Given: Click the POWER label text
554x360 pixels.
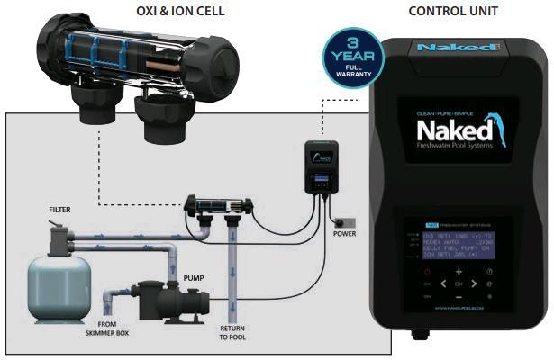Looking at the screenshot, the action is pos(344,234).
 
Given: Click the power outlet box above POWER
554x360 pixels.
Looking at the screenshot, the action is pos(344,220).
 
